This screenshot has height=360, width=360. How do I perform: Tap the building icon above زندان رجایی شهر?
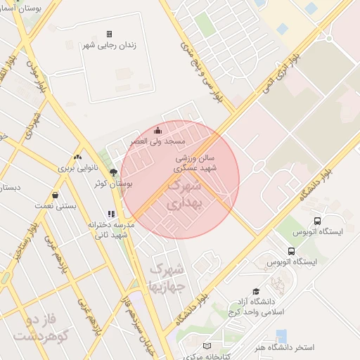pyautogui.click(x=109, y=34)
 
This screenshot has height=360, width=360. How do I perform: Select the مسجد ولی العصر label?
pyautogui.click(x=157, y=141)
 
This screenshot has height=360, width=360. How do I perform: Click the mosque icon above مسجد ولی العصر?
pyautogui.click(x=157, y=130)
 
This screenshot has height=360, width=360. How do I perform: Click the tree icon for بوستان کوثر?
pyautogui.click(x=114, y=171)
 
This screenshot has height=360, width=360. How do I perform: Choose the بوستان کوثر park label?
pyautogui.click(x=113, y=183)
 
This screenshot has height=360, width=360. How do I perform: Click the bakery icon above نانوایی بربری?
pyautogui.click(x=77, y=157)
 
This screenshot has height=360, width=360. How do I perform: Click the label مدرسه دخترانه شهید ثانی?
pyautogui.click(x=108, y=229)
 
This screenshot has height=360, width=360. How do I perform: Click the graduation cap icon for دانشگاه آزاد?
pyautogui.click(x=255, y=291)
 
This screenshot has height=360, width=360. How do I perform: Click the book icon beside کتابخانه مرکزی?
pyautogui.click(x=206, y=345)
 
